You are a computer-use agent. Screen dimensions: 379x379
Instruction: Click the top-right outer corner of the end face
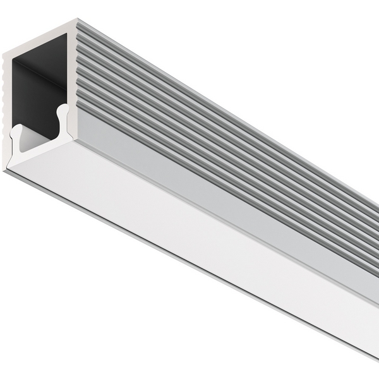tap(76, 20)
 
